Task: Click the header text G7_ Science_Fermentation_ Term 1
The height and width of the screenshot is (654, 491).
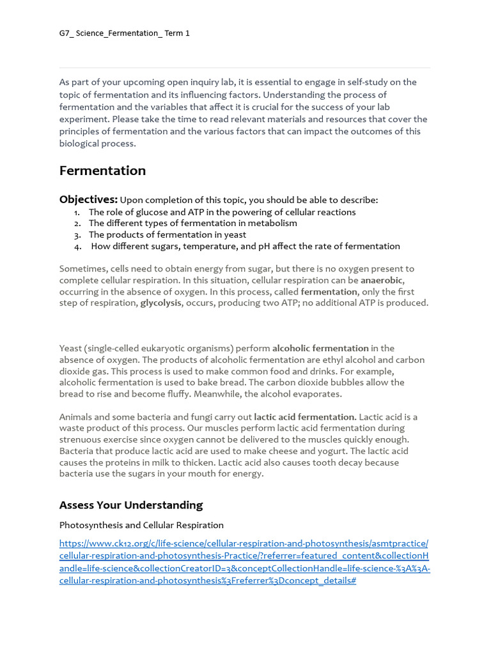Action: coord(124,33)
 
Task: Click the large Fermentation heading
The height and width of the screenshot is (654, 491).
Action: coord(102,171)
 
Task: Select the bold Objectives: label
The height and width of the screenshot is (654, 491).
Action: coord(88,199)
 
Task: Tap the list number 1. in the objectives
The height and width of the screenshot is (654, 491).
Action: coord(77,212)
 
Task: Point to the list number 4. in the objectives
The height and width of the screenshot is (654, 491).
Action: coord(77,247)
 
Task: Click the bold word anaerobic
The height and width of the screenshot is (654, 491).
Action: coord(382,280)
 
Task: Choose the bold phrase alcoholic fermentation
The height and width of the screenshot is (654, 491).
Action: coord(320,348)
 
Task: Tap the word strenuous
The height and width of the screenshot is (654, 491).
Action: coord(79,440)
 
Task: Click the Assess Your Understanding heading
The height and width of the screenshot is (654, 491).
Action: coord(131,505)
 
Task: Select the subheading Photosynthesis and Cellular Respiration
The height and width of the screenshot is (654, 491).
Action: coord(141,525)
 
